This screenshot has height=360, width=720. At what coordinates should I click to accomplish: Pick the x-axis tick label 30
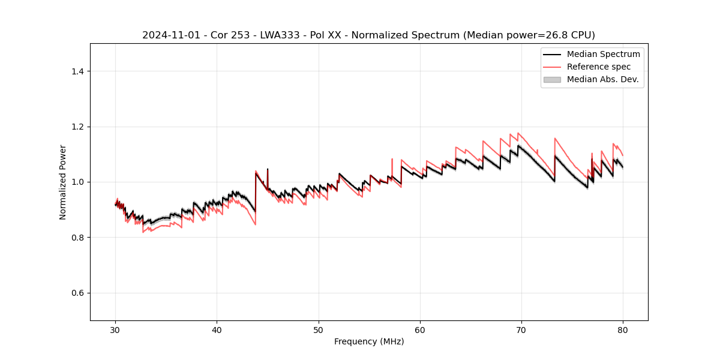tap(116, 330)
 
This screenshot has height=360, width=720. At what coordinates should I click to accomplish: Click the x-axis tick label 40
tap(217, 330)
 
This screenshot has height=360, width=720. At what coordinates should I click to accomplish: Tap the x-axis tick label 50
tap(319, 330)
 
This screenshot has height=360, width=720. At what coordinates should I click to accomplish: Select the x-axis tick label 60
tap(420, 330)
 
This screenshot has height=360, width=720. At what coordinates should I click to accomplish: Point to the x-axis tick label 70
tap(521, 330)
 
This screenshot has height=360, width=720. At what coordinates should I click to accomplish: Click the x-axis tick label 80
tap(623, 330)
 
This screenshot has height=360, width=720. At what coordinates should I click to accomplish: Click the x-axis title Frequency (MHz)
tap(369, 341)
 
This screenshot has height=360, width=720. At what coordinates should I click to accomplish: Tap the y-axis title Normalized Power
tap(63, 182)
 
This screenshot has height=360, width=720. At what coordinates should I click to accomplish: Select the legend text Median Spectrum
tap(603, 54)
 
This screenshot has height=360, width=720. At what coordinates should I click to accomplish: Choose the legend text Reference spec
tap(599, 67)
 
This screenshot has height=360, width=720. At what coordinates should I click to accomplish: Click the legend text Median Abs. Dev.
tap(602, 79)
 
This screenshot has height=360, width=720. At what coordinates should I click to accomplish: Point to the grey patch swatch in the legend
tap(552, 79)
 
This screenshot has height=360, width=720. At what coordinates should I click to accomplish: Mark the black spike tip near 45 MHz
tap(268, 169)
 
